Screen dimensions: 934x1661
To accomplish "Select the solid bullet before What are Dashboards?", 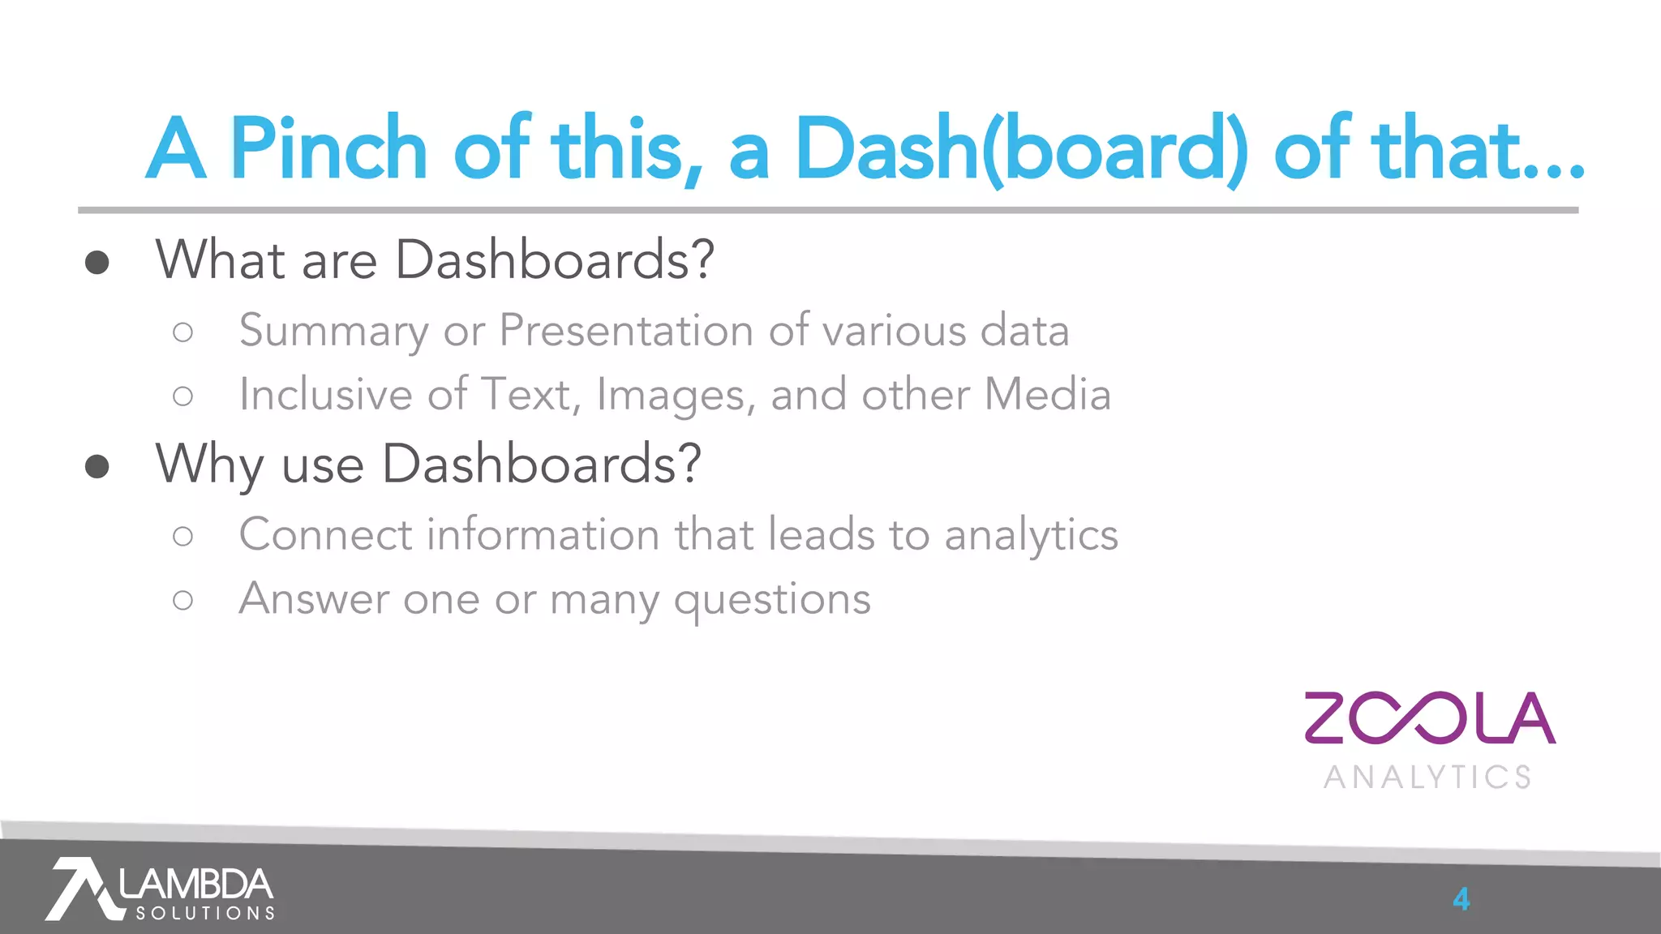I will point(97,262).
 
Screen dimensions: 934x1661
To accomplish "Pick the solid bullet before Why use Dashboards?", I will point(97,466).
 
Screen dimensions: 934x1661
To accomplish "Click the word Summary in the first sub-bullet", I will point(333,332).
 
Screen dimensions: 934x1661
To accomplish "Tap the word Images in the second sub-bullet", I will point(675,396).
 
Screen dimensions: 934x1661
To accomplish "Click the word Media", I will point(1047,395).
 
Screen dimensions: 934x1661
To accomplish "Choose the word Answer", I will point(314,599).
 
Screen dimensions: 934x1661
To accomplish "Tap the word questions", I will point(772,601).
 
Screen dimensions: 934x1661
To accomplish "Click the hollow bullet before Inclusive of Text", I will point(183,396).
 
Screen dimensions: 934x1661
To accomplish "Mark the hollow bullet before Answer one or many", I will point(183,601).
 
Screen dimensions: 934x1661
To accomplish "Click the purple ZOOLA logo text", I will point(1429,718).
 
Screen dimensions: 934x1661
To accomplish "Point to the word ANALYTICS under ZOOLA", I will point(1427,777).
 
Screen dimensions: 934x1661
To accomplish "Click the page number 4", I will point(1461,899).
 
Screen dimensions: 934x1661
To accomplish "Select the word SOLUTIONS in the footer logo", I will point(205,914).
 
